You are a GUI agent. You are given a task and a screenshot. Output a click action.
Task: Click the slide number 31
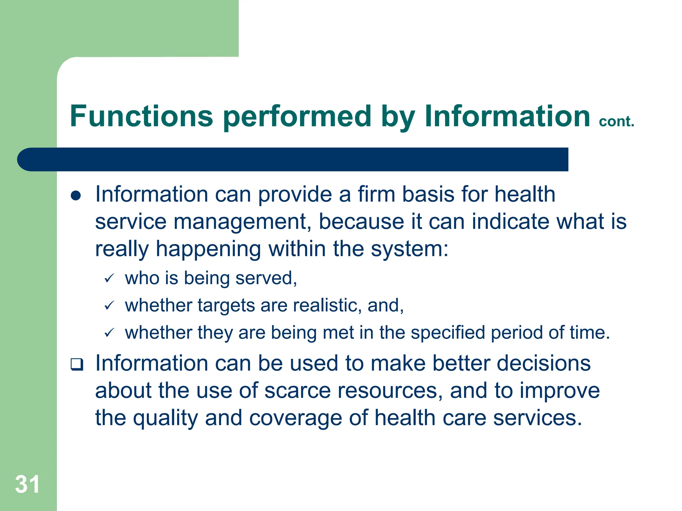pyautogui.click(x=27, y=484)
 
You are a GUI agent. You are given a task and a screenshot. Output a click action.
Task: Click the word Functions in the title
pyautogui.click(x=141, y=116)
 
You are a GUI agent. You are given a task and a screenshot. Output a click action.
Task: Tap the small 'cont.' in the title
pyautogui.click(x=616, y=121)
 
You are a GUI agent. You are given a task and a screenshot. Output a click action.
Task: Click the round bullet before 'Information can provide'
pyautogui.click(x=76, y=196)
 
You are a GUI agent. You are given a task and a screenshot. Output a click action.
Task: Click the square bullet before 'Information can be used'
pyautogui.click(x=77, y=365)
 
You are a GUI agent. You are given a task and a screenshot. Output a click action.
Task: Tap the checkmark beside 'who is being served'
pyautogui.click(x=109, y=278)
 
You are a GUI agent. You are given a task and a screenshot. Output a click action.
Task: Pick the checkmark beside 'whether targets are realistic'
pyautogui.click(x=109, y=305)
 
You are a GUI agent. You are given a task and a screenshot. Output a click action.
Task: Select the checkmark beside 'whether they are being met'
pyautogui.click(x=109, y=332)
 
